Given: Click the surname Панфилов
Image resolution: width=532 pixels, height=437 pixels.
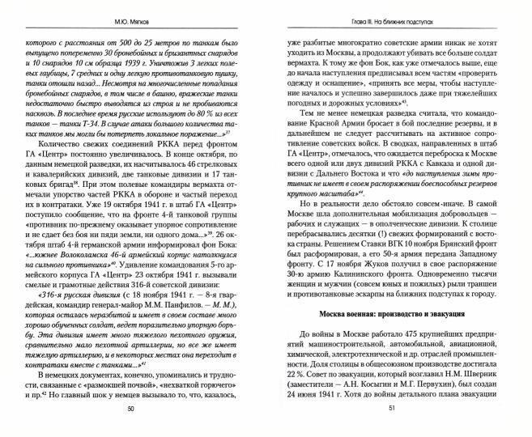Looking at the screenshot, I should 173,289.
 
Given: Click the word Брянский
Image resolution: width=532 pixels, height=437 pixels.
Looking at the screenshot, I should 480,252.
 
